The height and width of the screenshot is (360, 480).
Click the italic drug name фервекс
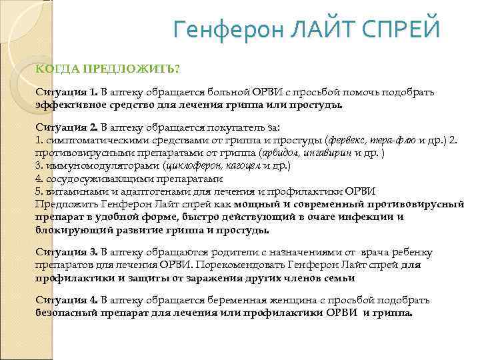point(346,139)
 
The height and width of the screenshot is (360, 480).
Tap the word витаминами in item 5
point(73,192)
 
